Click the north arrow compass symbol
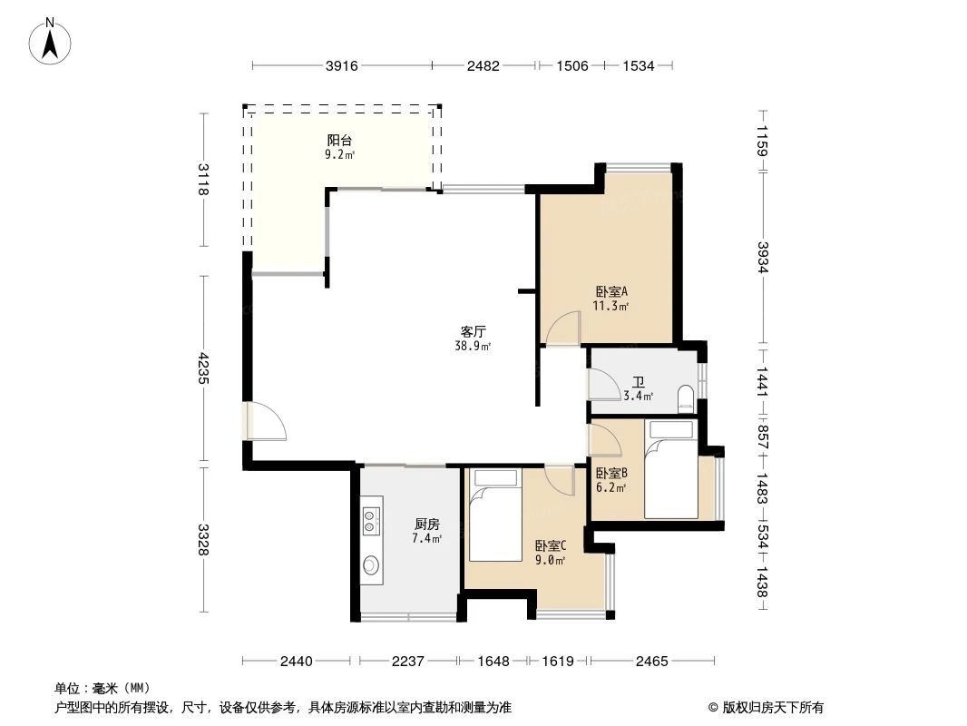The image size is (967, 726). [x=52, y=41]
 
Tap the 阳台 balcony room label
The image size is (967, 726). [x=339, y=141]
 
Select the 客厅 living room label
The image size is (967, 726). [x=473, y=332]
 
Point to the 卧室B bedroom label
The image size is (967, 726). [x=611, y=473]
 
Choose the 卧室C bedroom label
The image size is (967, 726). [x=550, y=545]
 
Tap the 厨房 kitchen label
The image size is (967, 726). [x=426, y=525]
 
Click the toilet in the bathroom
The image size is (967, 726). [x=686, y=397]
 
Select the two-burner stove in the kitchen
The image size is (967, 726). [x=371, y=519]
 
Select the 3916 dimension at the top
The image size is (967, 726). [x=342, y=65]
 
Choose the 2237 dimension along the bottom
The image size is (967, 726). [x=408, y=662]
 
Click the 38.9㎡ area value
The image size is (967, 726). [x=473, y=346]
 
